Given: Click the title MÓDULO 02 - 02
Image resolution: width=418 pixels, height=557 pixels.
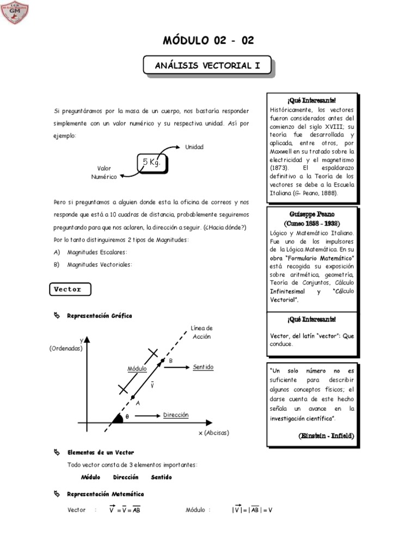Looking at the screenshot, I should pyautogui.click(x=209, y=41).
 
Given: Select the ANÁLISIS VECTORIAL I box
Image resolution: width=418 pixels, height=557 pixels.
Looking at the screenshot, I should pyautogui.click(x=207, y=66).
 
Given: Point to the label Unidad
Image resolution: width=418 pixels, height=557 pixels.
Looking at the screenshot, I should pyautogui.click(x=194, y=147).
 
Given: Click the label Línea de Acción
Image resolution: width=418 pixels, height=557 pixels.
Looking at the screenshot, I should pyautogui.click(x=201, y=332).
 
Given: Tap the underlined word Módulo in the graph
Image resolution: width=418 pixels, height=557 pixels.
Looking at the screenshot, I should pyautogui.click(x=138, y=368).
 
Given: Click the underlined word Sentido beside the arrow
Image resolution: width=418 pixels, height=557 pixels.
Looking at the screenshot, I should pyautogui.click(x=203, y=367).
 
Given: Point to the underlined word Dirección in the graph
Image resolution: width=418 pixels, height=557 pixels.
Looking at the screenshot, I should pyautogui.click(x=176, y=415).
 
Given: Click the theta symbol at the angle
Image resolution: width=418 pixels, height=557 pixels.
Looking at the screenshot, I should pyautogui.click(x=127, y=417).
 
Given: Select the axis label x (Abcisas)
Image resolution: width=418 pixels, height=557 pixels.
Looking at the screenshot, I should pyautogui.click(x=214, y=432).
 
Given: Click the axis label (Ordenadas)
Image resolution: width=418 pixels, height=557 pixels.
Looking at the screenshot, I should pyautogui.click(x=65, y=348).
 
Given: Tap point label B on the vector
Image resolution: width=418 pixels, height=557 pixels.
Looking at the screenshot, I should pyautogui.click(x=170, y=361).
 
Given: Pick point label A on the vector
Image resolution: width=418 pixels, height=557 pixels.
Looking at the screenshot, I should pyautogui.click(x=138, y=403).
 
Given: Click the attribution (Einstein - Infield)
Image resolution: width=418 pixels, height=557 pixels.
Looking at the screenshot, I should pyautogui.click(x=326, y=436).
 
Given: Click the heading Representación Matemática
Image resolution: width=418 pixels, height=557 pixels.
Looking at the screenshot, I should pyautogui.click(x=105, y=494).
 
